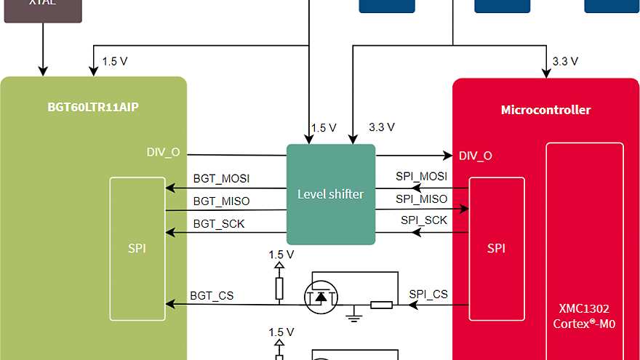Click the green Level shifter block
331,194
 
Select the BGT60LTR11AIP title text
93,108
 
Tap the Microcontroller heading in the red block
545,110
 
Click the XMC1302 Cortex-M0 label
585,317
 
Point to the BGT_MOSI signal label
221,178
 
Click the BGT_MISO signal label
221,201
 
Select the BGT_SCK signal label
219,224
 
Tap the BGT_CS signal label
212,295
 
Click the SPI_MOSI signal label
421,176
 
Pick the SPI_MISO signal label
421,199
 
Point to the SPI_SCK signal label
424,220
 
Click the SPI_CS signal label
428,294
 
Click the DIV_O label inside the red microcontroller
475,156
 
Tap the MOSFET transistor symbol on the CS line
321,297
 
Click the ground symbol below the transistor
354,316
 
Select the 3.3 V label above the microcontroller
565,61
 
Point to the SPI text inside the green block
137,248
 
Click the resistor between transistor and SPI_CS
381,304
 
